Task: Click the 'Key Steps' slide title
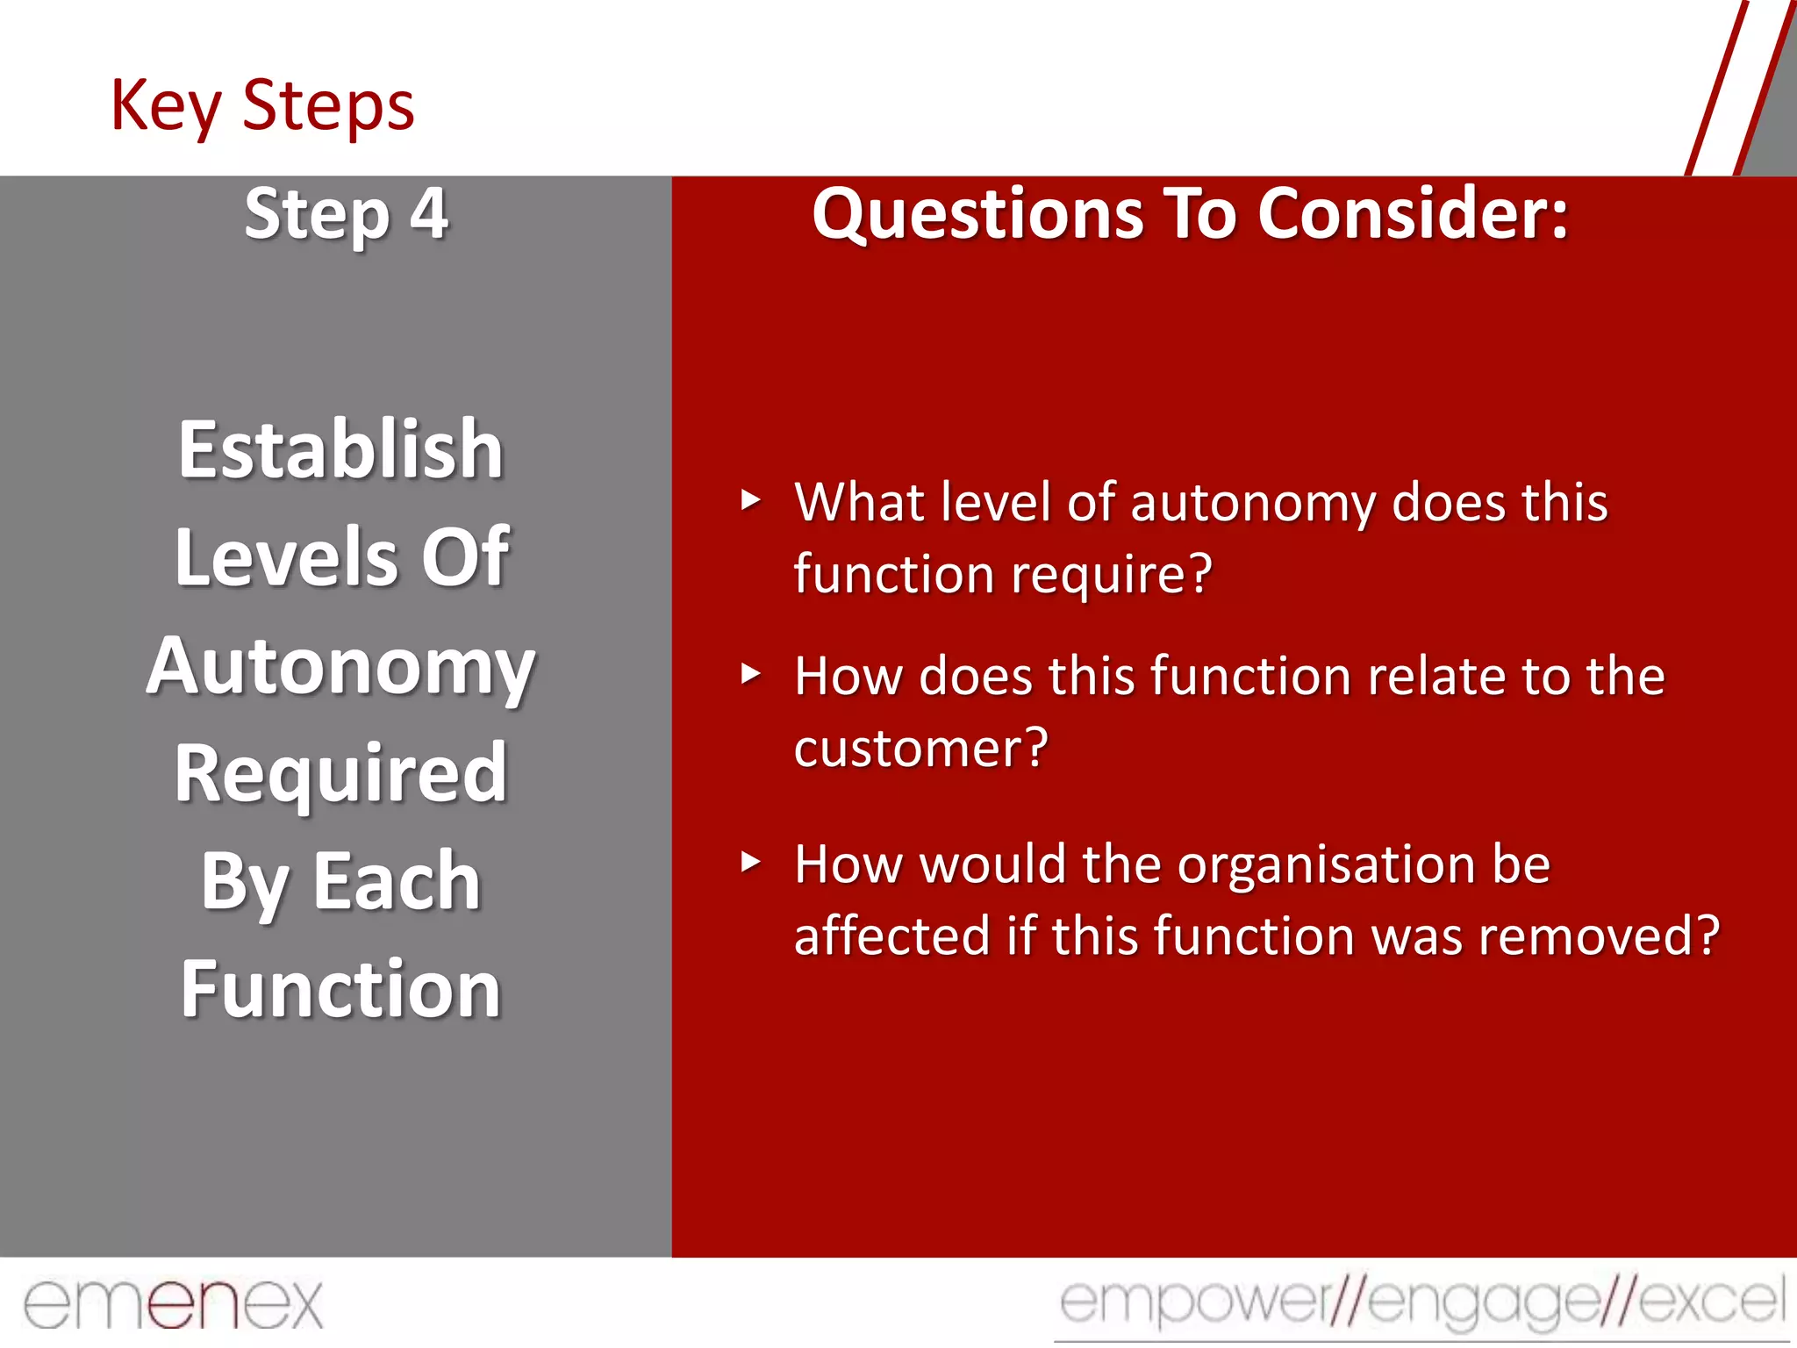tap(261, 106)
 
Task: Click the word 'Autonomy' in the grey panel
tap(340, 667)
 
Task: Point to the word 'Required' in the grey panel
tap(340, 773)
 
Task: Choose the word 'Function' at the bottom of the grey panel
tap(340, 989)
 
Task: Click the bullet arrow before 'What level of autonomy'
tap(750, 500)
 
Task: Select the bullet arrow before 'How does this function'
tap(750, 674)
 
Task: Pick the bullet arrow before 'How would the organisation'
tap(750, 862)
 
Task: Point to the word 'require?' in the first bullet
tap(1112, 575)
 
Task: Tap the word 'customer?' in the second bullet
tap(921, 749)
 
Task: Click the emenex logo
tap(174, 1304)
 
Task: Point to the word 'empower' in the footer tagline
tap(1193, 1301)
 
